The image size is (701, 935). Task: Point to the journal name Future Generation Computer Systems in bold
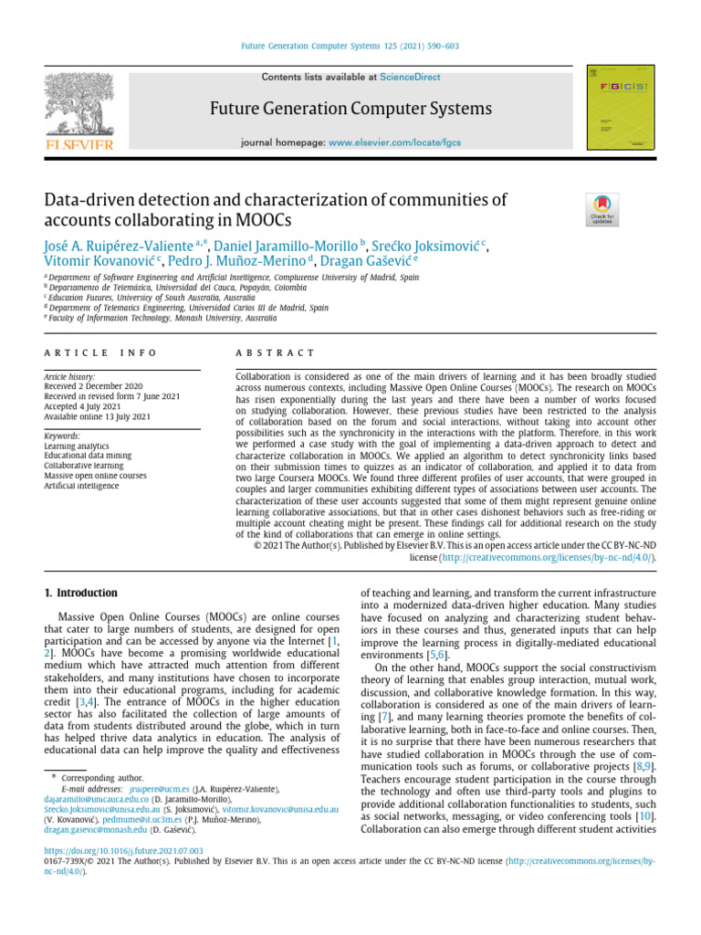pos(350,110)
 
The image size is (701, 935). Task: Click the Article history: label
pos(69,376)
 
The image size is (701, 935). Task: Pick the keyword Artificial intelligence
pos(81,486)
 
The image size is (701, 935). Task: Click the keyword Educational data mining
pos(87,456)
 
